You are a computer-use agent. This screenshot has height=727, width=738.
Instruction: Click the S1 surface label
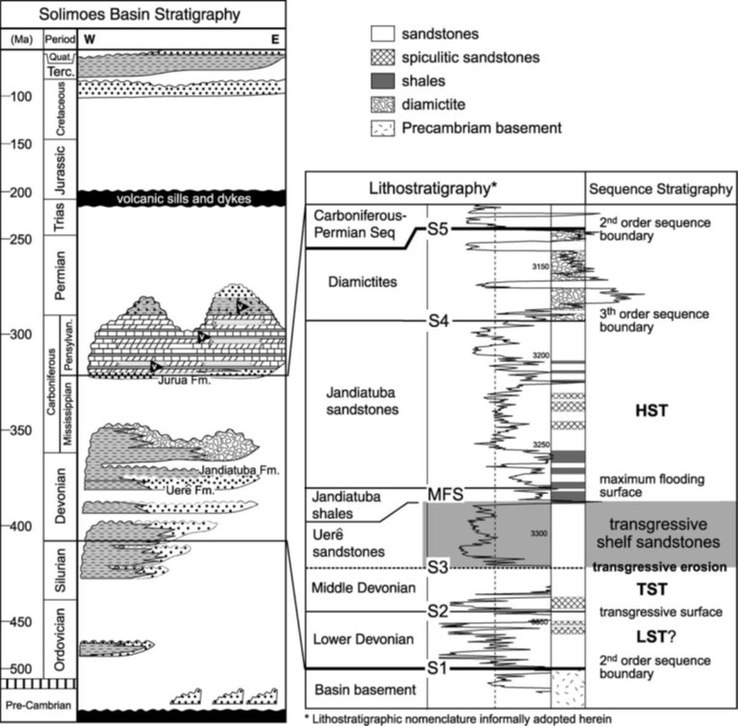[x=439, y=666]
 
